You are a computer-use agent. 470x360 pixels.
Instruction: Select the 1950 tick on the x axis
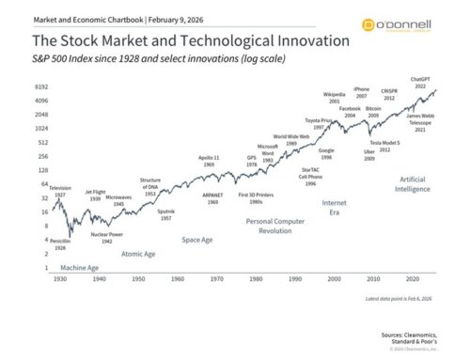tap(138, 279)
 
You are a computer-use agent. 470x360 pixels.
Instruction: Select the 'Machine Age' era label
tap(80, 268)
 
